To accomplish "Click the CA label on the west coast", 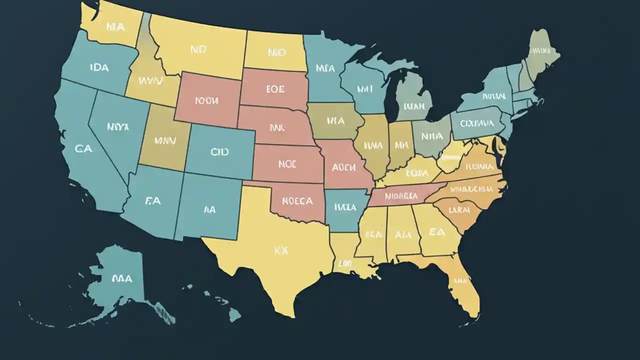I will point(83,148).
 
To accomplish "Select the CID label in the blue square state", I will point(219,151).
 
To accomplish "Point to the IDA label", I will point(99,67).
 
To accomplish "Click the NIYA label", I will point(118,127).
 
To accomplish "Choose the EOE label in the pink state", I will point(274,89).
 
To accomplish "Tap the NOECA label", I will point(297,201).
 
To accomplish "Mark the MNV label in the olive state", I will point(165,140).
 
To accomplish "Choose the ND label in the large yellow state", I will point(198,49).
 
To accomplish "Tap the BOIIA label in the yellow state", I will point(416,173).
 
